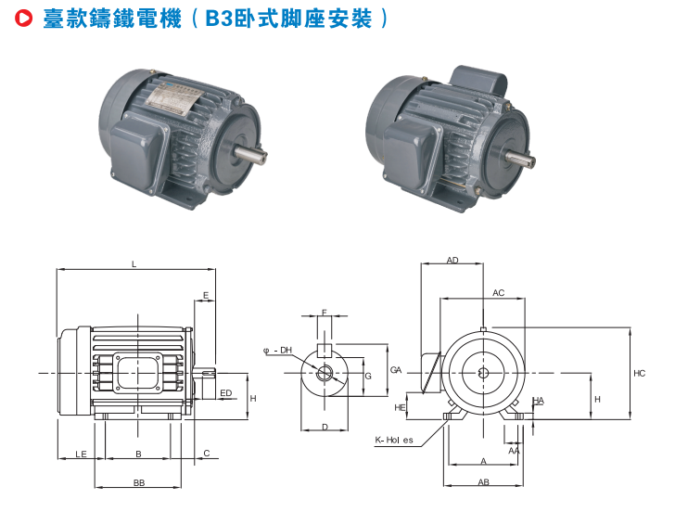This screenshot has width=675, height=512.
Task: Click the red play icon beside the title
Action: (x=24, y=18)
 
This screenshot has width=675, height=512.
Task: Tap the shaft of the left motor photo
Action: (x=251, y=154)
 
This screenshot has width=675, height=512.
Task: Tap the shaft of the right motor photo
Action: (x=520, y=158)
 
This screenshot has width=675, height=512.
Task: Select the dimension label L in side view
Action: (x=134, y=264)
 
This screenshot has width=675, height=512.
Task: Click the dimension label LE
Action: (x=81, y=454)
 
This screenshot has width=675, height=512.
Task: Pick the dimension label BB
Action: (x=139, y=482)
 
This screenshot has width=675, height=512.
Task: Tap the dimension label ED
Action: (x=226, y=392)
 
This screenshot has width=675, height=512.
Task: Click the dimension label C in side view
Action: (x=207, y=453)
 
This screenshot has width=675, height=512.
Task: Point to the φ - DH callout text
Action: (x=277, y=351)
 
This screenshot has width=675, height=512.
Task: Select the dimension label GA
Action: (x=396, y=370)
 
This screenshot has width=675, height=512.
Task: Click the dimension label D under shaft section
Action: (x=325, y=427)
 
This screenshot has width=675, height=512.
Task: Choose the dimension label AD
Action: (x=452, y=260)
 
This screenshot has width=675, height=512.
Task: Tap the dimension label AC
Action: (x=499, y=293)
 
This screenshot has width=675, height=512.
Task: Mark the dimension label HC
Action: (x=639, y=374)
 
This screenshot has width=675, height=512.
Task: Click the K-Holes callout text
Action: (x=394, y=440)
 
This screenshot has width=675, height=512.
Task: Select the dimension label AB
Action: (x=483, y=482)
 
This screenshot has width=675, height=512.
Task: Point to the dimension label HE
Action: (x=400, y=407)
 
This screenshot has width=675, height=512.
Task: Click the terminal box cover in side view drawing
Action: (x=138, y=373)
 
